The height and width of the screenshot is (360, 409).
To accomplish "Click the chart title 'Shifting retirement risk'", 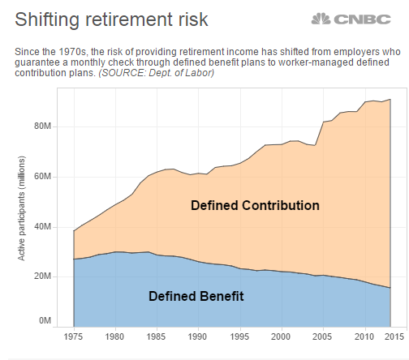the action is click(x=111, y=19).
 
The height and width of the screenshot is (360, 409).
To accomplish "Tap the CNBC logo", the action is click(x=351, y=19).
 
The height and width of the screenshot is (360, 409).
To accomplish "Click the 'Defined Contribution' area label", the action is click(x=255, y=205).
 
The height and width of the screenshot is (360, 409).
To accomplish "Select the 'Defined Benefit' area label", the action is click(x=196, y=296).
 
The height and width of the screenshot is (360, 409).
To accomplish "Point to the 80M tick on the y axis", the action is click(x=42, y=126).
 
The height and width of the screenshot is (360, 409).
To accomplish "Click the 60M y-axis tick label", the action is click(x=42, y=177).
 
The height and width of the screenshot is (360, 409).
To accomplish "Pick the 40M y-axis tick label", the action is click(x=42, y=227).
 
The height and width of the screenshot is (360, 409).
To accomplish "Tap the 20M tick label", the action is click(x=42, y=276).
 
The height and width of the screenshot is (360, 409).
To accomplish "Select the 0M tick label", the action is click(x=45, y=320).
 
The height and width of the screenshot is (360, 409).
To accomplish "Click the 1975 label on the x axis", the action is click(x=73, y=336).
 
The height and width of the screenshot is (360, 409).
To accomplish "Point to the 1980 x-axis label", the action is click(x=114, y=336).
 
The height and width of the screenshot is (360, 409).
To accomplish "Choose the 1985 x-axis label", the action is click(x=156, y=336).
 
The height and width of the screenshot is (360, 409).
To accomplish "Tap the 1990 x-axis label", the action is click(x=198, y=336).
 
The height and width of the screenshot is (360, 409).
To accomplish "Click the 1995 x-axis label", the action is click(x=239, y=336).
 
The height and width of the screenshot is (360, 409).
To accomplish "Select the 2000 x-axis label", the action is click(x=281, y=336).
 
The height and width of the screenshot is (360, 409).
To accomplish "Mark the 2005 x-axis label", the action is click(x=322, y=336).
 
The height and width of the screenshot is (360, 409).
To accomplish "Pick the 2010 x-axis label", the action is click(x=364, y=336).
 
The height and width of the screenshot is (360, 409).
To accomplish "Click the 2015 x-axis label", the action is click(x=394, y=336).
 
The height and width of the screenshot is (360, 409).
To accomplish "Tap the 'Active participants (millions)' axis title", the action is click(x=21, y=208).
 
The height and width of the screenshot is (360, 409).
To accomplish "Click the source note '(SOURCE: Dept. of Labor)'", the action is click(x=157, y=73).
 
